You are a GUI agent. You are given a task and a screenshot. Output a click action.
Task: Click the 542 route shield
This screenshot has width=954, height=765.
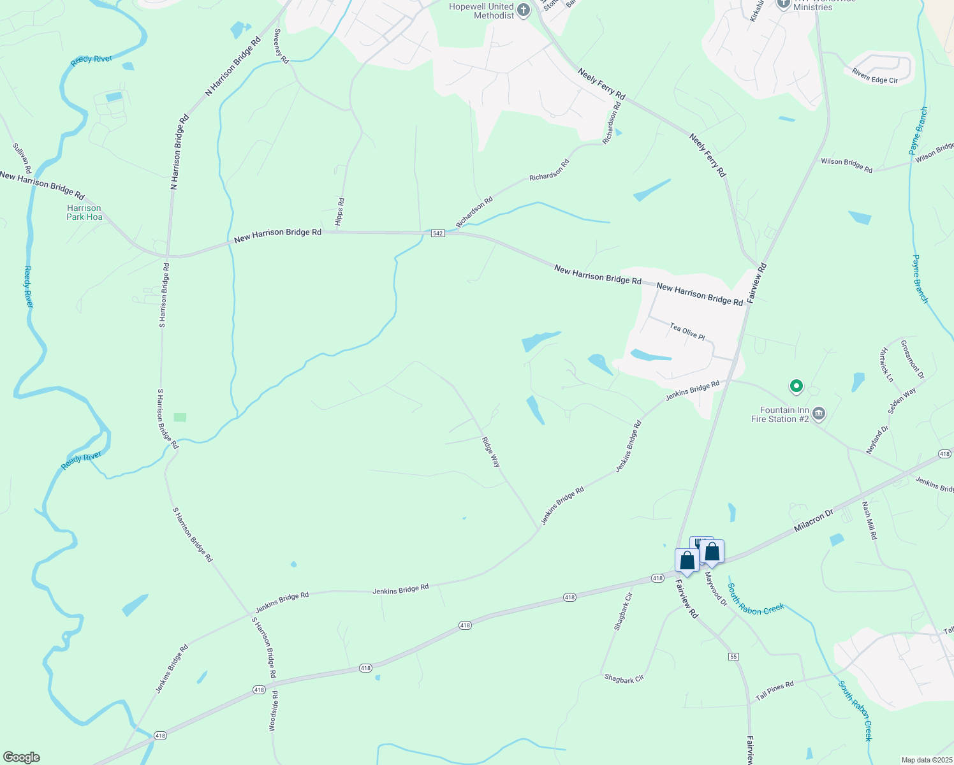click(437, 233)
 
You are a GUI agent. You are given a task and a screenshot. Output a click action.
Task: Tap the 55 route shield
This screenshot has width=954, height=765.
click(734, 657)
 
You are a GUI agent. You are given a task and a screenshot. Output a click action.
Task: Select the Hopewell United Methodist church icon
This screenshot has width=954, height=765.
click(524, 10)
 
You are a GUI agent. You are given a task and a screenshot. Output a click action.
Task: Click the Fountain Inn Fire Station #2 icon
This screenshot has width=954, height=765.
click(819, 414)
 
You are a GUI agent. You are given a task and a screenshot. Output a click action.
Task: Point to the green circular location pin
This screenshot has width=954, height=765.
click(796, 386)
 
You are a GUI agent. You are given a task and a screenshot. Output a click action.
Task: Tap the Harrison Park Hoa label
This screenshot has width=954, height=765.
click(84, 212)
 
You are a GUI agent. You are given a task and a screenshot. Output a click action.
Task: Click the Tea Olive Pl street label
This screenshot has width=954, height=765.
click(687, 331)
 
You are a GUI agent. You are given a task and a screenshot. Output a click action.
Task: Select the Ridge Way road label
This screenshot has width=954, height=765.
click(491, 452)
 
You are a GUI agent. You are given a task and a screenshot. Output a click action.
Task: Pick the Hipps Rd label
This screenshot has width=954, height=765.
click(340, 212)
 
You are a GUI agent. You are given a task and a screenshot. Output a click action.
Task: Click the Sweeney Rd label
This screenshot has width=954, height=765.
click(281, 46)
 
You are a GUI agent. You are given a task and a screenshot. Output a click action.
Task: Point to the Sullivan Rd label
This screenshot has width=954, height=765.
click(22, 158)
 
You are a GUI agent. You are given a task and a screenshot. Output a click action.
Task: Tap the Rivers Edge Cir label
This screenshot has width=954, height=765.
click(874, 76)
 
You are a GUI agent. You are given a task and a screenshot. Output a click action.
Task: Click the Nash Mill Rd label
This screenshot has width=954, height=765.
click(869, 520)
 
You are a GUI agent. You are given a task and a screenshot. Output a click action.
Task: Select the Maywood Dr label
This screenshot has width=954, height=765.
click(715, 588)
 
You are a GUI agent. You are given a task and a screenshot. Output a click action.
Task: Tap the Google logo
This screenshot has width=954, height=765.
click(21, 757)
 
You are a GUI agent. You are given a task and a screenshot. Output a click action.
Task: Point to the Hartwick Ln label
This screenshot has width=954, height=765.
click(886, 365)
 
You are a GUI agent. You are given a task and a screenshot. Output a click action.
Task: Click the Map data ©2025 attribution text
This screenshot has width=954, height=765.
click(926, 760)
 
